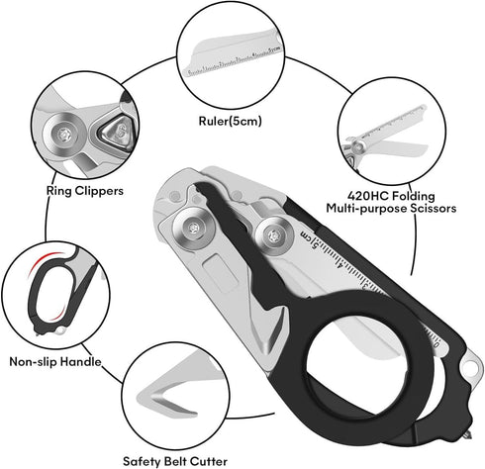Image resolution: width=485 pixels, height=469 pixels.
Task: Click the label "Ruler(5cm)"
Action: pos(230,122)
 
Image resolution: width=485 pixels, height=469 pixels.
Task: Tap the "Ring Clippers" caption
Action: pos(85,191)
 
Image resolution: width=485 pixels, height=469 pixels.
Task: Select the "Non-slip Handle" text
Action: pos(55,361)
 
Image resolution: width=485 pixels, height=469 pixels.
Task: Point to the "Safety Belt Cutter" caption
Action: pos(175,461)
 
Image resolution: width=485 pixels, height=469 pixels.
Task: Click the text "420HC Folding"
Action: pos(391,196)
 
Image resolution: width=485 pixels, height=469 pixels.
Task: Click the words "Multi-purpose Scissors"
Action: pos(391,208)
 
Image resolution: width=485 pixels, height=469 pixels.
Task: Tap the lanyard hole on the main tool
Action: pos(470,366)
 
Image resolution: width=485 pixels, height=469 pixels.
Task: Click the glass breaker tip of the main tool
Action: pos(468,435)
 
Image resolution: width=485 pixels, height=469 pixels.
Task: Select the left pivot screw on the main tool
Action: pos(193,228)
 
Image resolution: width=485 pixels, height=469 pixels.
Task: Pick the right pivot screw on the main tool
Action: pos(274,235)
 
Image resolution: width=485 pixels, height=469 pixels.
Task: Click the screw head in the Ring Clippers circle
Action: pos(64,135)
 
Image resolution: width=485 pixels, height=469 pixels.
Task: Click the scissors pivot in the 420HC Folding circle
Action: pos(358,145)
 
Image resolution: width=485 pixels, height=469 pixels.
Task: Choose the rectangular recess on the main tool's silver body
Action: pos(221,273)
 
